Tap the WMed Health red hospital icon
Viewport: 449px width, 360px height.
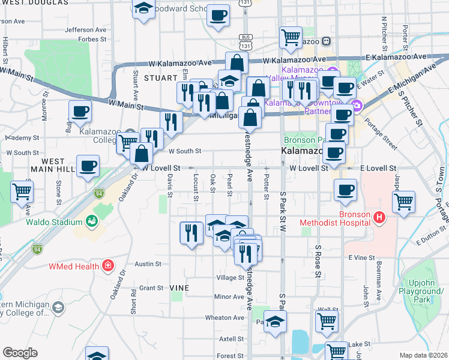[107, 265]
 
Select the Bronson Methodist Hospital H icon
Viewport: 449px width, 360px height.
[379, 217]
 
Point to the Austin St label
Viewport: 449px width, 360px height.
[148, 263]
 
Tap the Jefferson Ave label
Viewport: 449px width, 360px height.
[88, 29]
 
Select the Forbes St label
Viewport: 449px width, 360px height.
[92, 40]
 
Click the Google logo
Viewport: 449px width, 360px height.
[20, 352]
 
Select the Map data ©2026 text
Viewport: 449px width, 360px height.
[423, 355]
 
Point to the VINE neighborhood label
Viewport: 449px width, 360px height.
[179, 288]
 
